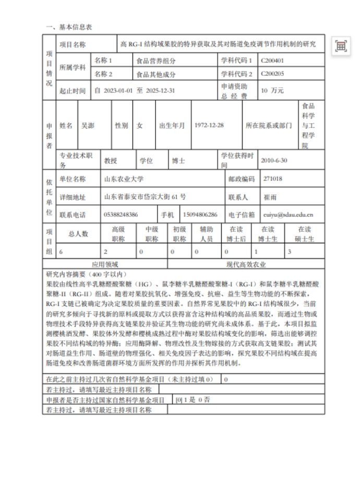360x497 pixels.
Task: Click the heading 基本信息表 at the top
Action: point(68,27)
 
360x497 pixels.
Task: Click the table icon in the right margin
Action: point(341,46)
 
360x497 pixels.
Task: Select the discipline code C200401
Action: point(272,61)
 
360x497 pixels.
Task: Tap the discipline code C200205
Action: point(272,74)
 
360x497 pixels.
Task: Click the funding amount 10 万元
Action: point(273,90)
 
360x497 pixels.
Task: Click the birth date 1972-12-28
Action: point(209,125)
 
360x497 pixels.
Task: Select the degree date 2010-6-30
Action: point(275,161)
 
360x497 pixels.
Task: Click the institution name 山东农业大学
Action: point(123,179)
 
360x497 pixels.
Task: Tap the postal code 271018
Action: point(272,179)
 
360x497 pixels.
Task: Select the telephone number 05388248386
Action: point(121,215)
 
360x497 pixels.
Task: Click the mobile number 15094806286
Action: point(200,215)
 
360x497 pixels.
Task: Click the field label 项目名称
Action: point(73,45)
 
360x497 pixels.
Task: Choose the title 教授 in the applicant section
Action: point(111,161)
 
